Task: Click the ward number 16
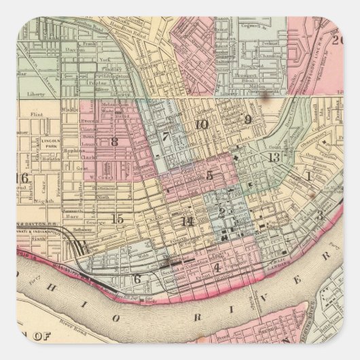[22, 179]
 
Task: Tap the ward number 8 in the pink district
[114, 142]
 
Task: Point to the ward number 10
[201, 124]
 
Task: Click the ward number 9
[248, 120]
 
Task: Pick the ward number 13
[274, 158]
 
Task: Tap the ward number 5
[210, 175]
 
